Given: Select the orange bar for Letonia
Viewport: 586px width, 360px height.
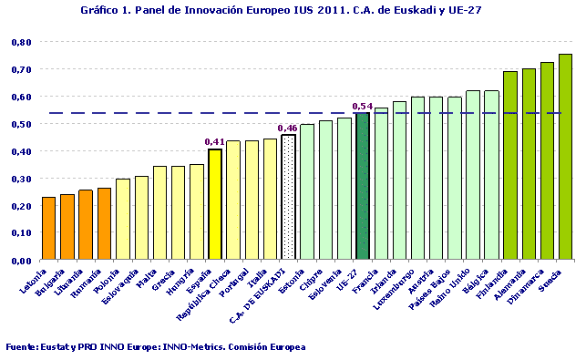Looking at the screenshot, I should tap(48, 228).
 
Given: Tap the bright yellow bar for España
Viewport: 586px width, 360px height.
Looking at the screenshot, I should tap(215, 204).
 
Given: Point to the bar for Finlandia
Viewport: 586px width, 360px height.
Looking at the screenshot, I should tap(510, 165).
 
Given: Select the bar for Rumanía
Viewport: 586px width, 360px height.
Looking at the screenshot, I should tap(104, 223).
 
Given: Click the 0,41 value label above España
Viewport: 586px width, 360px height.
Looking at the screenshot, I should tap(214, 141).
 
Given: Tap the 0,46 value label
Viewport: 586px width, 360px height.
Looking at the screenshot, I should tap(287, 128).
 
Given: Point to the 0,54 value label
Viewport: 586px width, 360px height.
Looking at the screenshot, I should tap(362, 107).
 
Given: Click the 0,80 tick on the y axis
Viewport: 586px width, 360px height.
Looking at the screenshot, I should tap(21, 42).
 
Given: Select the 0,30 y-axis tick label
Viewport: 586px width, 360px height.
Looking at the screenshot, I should tap(21, 179).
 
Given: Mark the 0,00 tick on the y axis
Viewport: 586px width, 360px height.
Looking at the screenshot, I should tap(21, 261).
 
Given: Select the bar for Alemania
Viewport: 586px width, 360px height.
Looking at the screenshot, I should tap(529, 164).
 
